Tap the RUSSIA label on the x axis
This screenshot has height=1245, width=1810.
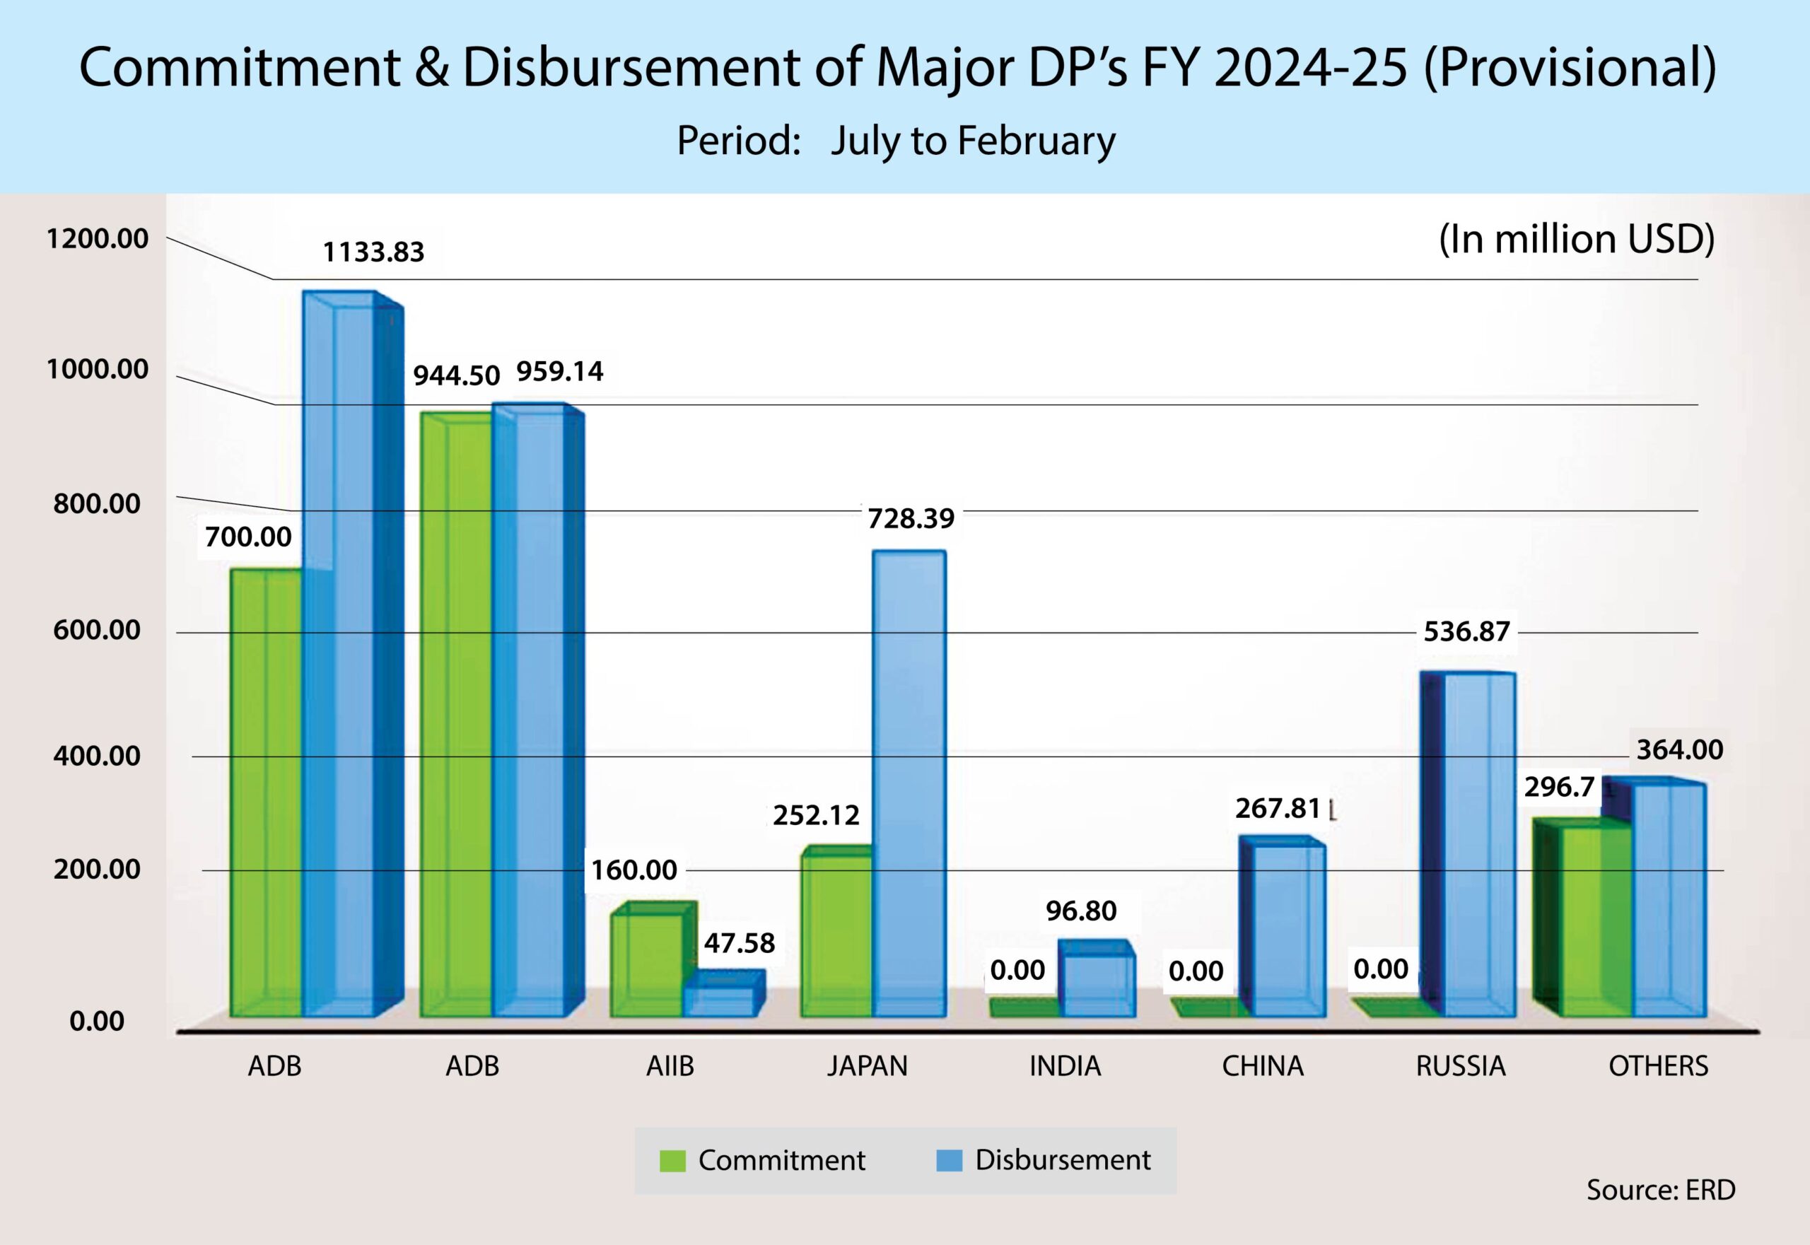1461,1065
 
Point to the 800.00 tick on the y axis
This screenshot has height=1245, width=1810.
97,504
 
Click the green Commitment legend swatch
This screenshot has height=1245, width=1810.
672,1161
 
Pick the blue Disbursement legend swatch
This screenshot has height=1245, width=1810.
949,1161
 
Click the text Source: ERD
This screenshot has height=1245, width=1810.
1661,1190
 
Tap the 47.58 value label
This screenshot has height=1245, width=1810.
739,943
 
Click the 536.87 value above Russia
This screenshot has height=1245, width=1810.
1466,631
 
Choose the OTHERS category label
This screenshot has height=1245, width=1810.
1658,1065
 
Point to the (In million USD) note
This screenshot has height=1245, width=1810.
1577,240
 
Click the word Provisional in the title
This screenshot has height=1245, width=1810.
1568,69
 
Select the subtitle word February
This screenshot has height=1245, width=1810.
1036,141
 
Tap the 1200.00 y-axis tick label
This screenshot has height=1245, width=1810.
97,239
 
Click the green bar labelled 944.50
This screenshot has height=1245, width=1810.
455,718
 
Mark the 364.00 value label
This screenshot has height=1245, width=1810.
1680,749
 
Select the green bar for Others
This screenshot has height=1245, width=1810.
1596,920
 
